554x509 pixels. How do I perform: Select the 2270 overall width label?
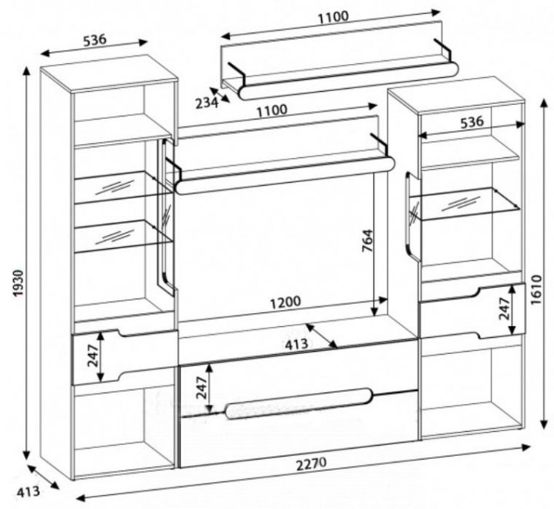312,464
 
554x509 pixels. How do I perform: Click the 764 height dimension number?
367,246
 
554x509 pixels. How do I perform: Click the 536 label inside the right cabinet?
471,121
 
